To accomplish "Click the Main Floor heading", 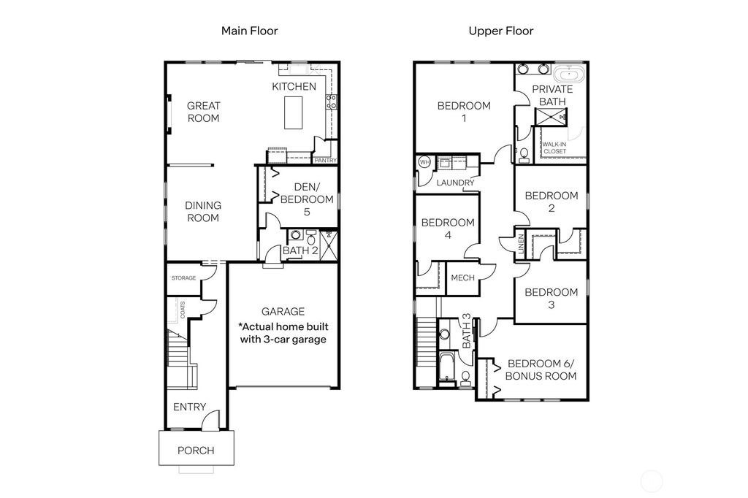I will (x=250, y=31).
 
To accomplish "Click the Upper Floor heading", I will (x=501, y=31).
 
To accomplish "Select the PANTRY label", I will (x=324, y=159).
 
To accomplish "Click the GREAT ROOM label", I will (x=203, y=112).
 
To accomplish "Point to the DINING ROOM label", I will (x=203, y=212).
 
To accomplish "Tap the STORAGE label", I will (x=183, y=279).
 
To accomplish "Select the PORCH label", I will (x=196, y=451).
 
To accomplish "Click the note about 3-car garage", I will (x=282, y=333).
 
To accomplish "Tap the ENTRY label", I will (x=189, y=407).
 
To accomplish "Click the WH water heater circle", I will (x=424, y=162).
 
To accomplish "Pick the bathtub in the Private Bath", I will (x=567, y=74).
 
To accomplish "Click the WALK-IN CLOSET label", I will (x=554, y=148).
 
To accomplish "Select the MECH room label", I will (x=462, y=278).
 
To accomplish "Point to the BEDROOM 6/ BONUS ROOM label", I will (x=541, y=369).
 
